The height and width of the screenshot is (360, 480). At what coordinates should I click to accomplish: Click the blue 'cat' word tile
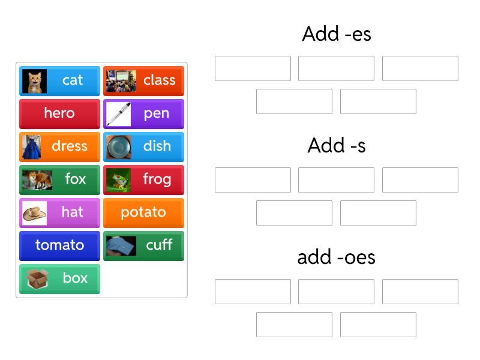(59, 81)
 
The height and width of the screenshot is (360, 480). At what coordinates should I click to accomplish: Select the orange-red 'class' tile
(143, 81)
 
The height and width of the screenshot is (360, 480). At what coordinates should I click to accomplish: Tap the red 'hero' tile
(59, 114)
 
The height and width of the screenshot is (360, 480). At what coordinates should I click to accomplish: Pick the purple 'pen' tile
(143, 114)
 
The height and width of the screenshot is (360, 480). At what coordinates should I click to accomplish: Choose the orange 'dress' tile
(59, 147)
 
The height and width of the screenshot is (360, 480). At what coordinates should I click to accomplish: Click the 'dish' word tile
(143, 147)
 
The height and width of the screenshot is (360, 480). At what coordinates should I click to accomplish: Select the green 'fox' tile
(59, 180)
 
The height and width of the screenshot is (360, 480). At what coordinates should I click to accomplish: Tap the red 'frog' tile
(143, 180)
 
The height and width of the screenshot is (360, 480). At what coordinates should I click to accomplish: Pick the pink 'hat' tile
(59, 213)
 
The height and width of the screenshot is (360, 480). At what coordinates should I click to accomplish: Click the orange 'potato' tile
(143, 213)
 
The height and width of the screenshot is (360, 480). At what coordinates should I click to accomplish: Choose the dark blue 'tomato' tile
(59, 246)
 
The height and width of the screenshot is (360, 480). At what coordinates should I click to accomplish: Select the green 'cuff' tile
(143, 246)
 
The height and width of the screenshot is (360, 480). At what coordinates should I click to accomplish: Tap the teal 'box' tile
(59, 279)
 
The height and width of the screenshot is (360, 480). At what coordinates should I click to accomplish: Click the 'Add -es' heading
(337, 34)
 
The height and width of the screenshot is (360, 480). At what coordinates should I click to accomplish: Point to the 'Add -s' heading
(337, 145)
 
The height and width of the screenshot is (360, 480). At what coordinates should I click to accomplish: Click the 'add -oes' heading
(337, 257)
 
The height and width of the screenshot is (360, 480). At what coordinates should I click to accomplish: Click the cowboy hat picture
(35, 213)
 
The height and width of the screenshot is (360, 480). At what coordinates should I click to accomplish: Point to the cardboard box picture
(37, 279)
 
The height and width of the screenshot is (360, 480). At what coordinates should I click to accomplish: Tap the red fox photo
(37, 180)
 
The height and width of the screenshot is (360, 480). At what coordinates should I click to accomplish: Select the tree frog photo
(118, 180)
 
